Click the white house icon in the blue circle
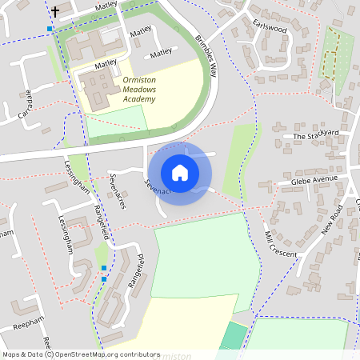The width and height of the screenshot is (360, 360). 180,172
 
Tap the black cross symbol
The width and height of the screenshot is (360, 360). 55,12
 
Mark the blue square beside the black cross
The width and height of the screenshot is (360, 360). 50,29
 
